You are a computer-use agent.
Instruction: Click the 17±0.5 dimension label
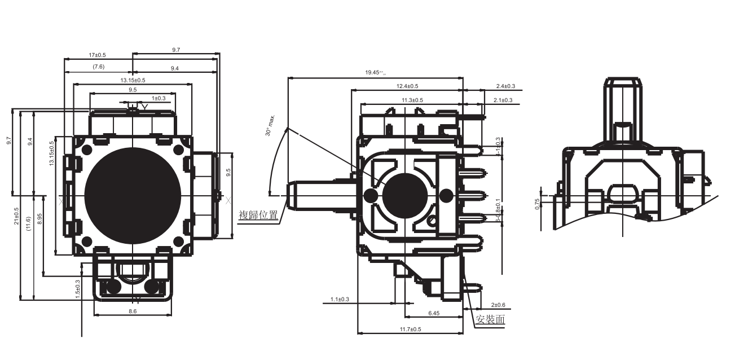tap(98, 55)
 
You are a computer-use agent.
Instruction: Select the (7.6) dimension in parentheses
tap(98, 67)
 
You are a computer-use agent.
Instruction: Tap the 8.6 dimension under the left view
tap(132, 311)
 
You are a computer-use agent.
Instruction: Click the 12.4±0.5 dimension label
tap(407, 86)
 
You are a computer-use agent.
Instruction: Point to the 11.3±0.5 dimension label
tap(412, 100)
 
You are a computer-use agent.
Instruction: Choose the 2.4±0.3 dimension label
tap(505, 86)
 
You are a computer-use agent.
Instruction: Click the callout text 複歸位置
tap(258, 216)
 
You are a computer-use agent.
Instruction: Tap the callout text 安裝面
tap(490, 319)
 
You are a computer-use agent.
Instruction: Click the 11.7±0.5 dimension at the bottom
tap(410, 329)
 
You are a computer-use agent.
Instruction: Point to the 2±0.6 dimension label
tap(498, 305)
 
